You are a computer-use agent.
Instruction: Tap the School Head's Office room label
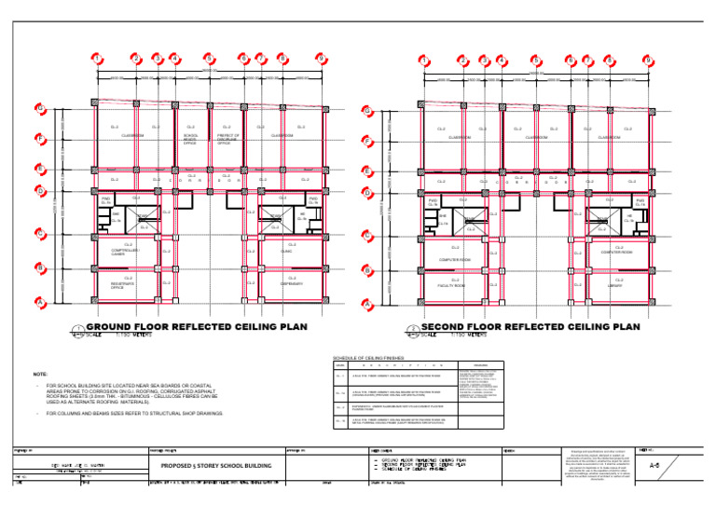click(190, 140)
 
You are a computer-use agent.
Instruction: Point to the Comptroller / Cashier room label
click(125, 252)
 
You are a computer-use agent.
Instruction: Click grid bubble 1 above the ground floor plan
click(98, 59)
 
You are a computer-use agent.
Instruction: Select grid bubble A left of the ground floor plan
click(40, 303)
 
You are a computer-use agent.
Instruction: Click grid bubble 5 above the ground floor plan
click(209, 59)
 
